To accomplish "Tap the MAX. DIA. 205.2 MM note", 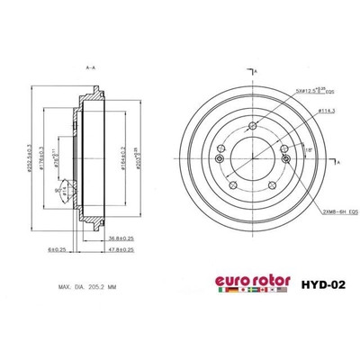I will pos(89,287).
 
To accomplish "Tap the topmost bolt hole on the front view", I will pos(253,126).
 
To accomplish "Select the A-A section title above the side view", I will pos(90,67).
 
